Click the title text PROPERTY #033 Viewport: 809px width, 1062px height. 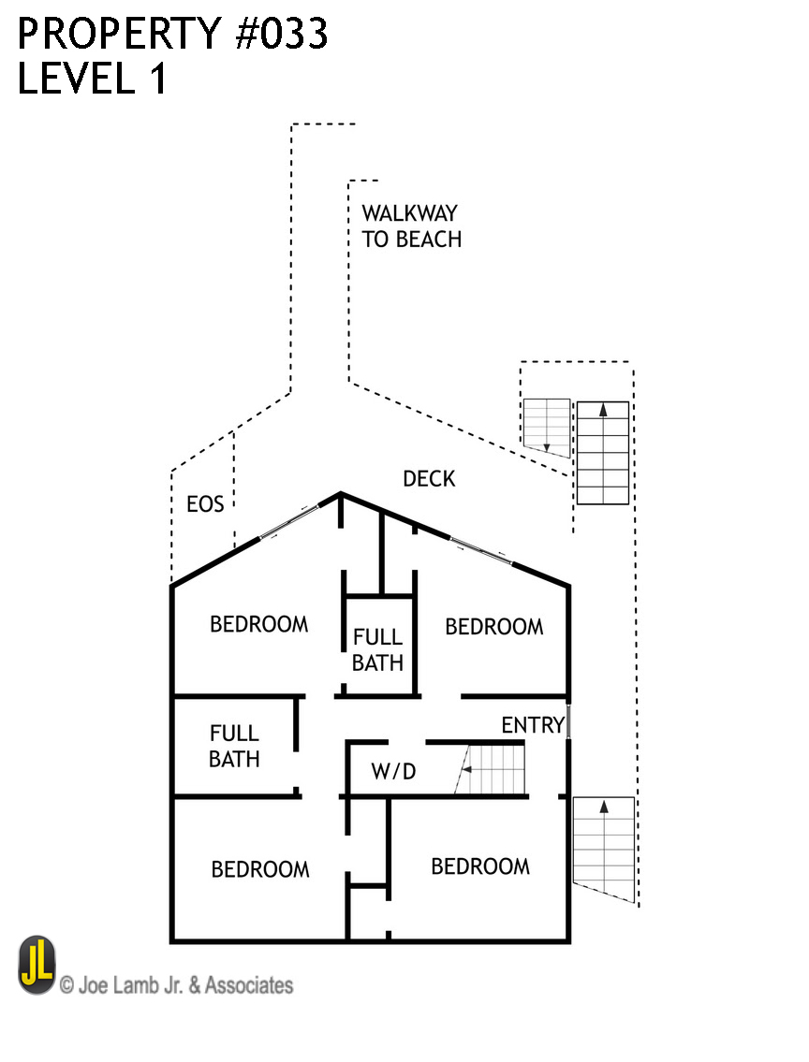click(x=173, y=35)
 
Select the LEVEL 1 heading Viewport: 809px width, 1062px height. click(x=92, y=79)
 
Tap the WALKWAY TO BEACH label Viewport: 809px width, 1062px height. click(x=412, y=226)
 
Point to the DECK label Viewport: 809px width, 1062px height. click(x=429, y=479)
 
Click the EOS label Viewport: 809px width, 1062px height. click(x=205, y=505)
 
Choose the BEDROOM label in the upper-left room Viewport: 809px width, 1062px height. click(x=258, y=624)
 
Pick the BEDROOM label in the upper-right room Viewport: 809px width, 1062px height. click(x=493, y=627)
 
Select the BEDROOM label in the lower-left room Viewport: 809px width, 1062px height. click(x=259, y=869)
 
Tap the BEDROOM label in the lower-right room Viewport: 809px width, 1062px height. click(x=479, y=866)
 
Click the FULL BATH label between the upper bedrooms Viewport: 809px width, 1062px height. click(x=378, y=650)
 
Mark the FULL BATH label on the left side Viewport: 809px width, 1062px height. click(x=234, y=746)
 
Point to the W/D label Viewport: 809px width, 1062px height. click(x=393, y=772)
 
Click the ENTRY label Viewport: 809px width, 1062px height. click(x=533, y=725)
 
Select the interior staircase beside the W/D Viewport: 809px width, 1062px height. click(x=492, y=769)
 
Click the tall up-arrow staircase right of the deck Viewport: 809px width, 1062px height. click(x=602, y=453)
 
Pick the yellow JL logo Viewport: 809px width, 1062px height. click(x=37, y=966)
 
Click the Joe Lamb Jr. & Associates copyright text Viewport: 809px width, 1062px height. click(x=176, y=985)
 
